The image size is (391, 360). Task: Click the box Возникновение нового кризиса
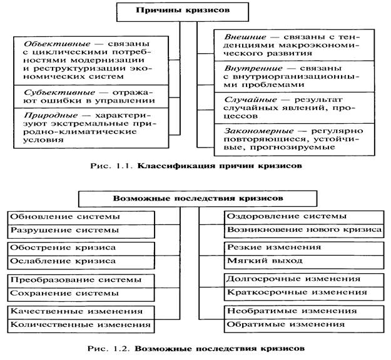(304, 230)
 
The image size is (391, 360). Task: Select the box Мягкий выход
(304, 261)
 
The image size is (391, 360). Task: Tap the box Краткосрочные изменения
(304, 292)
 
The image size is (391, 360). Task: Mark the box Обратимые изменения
(304, 324)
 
